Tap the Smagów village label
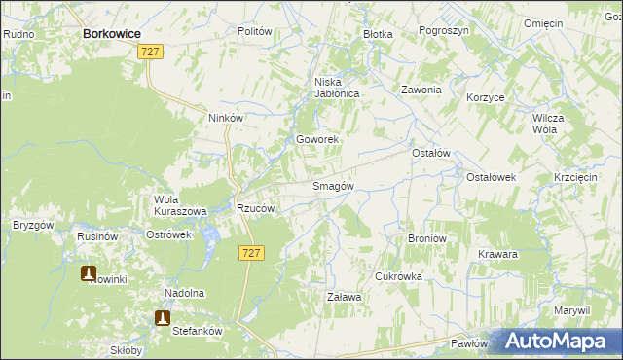pos(332,186)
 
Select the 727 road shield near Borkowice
pos(150,51)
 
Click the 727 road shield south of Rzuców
pos(249,252)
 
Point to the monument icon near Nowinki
pos(89,273)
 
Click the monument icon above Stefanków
pos(163,317)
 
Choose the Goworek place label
pos(317,139)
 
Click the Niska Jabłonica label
pos(337,88)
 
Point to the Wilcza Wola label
pos(549,123)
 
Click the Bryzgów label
pos(33,225)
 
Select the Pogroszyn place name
pos(444,31)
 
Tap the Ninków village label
pos(225,118)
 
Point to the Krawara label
pos(497,254)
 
